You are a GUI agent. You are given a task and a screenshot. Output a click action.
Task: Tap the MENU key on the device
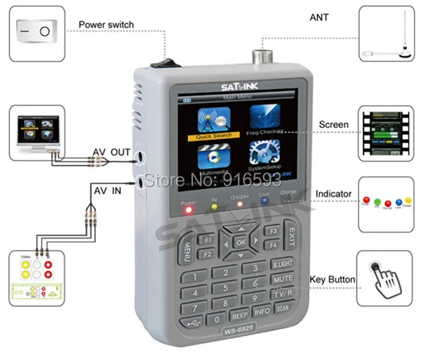(188, 248)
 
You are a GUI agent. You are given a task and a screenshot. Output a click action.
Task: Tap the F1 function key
(208, 239)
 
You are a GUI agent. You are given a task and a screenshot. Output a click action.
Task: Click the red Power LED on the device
(189, 208)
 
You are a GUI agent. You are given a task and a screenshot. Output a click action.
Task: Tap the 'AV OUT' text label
(112, 152)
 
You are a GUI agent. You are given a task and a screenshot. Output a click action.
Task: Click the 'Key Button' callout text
(331, 280)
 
